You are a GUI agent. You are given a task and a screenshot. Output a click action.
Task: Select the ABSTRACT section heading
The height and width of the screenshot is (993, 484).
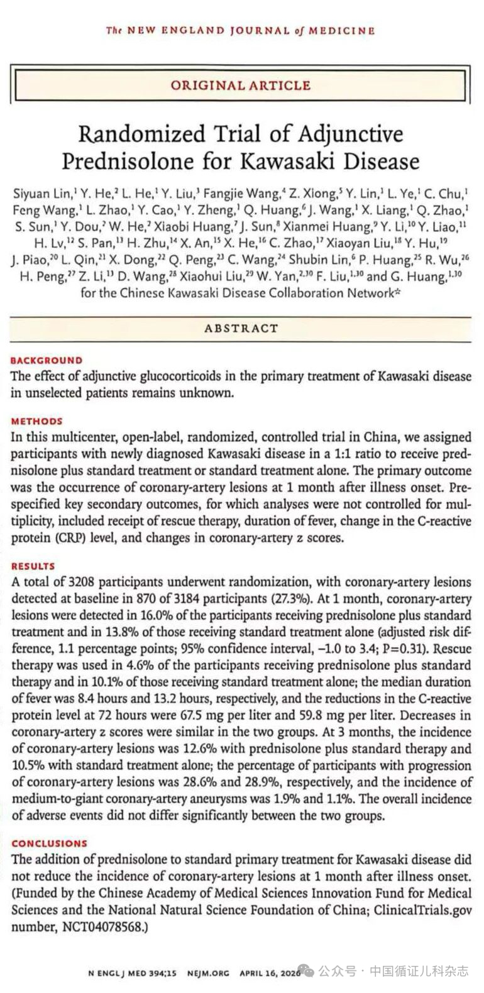tap(241, 328)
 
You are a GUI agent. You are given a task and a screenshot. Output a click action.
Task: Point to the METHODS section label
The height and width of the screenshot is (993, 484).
tap(37, 421)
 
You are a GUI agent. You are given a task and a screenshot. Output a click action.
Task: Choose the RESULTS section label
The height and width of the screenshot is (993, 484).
tap(33, 566)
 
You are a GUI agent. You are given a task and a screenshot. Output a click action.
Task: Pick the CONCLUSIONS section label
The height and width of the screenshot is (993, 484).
tap(50, 843)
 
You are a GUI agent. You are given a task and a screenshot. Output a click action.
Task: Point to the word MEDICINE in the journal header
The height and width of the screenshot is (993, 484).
tap(346, 30)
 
